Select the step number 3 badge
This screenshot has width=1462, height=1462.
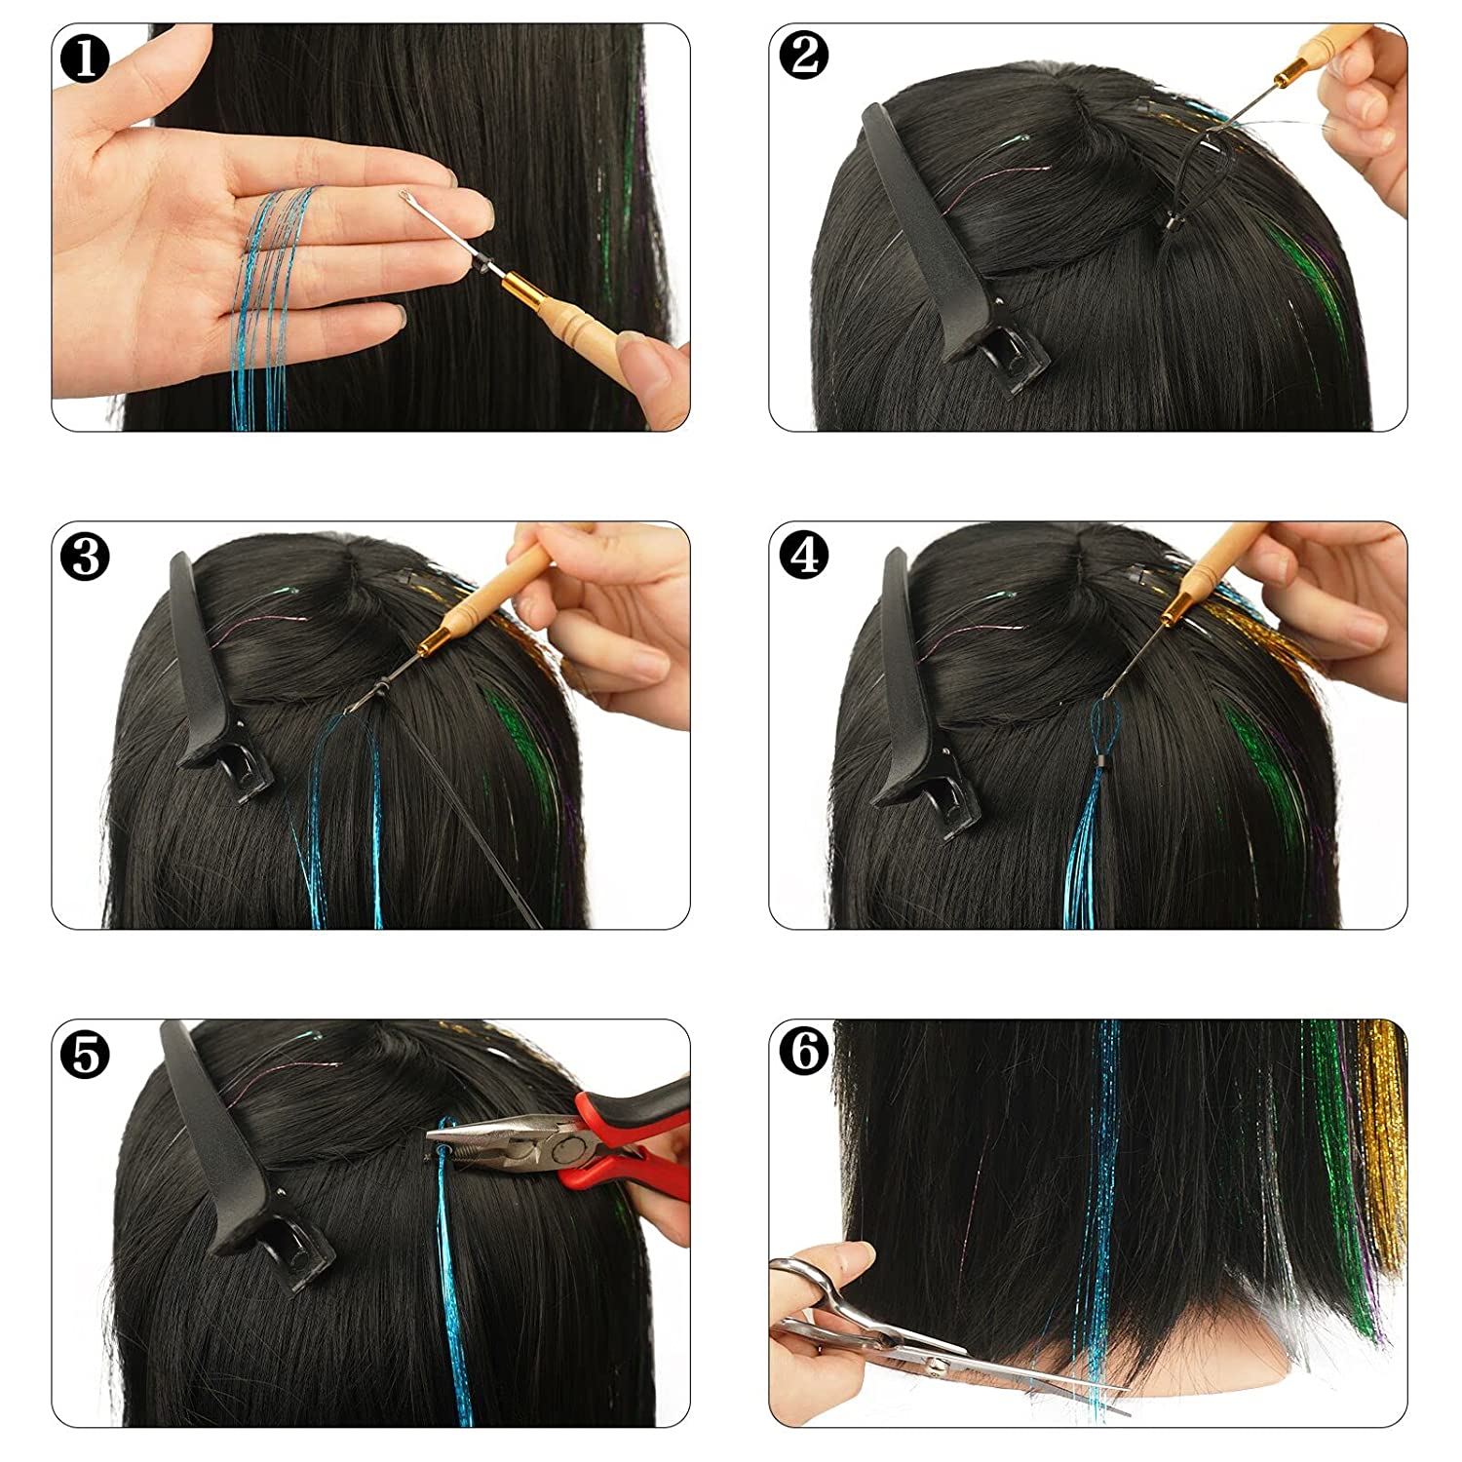[85, 557]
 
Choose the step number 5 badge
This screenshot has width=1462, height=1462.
[85, 1055]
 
